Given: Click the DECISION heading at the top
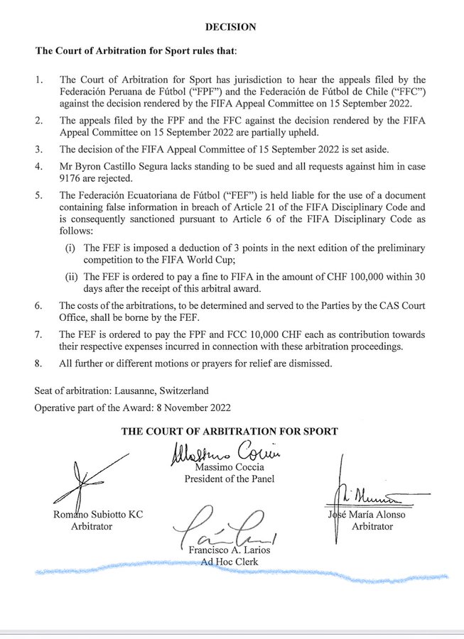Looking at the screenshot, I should (230, 27).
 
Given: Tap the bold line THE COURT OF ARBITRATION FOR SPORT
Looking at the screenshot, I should (230, 431).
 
